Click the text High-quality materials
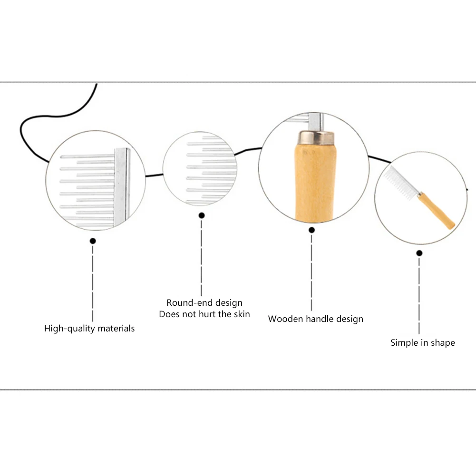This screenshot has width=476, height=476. click(89, 329)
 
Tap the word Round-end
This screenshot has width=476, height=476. click(183, 303)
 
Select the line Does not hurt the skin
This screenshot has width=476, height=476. click(204, 314)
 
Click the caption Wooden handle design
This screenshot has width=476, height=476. click(315, 319)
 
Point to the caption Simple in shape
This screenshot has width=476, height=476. click(422, 343)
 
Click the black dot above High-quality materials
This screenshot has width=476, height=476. click(93, 241)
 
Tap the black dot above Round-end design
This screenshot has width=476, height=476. click(202, 215)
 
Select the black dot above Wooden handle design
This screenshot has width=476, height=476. click(312, 230)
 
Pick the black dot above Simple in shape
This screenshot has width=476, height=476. click(419, 253)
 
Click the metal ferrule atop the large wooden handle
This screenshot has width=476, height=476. click(314, 138)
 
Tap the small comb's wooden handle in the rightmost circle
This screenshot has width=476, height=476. click(436, 210)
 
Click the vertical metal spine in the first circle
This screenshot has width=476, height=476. click(122, 185)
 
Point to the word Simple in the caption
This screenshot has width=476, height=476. click(403, 343)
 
